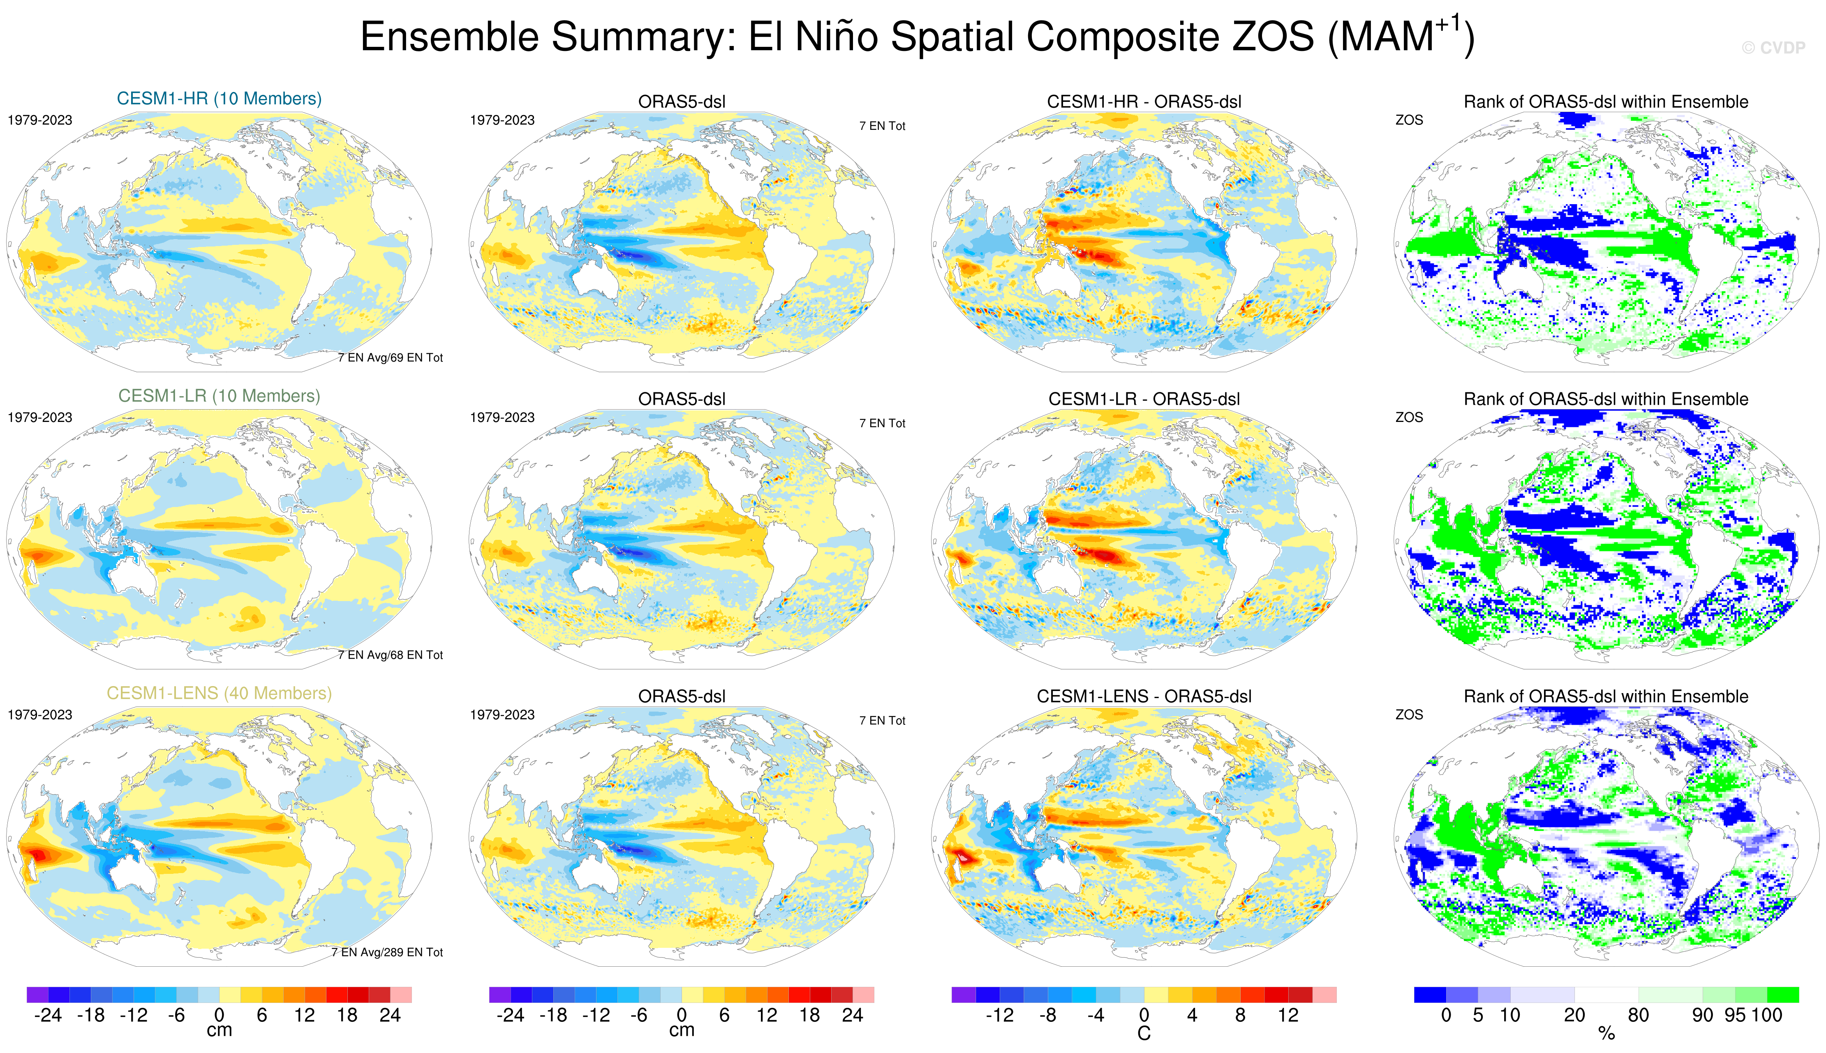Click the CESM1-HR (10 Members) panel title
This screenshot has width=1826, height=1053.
[x=219, y=98]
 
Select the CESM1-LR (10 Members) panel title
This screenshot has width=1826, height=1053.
[x=219, y=396]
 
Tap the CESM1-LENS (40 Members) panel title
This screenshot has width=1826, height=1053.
[x=219, y=693]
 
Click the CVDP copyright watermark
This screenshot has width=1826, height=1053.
[x=1773, y=48]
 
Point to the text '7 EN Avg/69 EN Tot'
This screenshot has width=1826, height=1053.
[x=390, y=357]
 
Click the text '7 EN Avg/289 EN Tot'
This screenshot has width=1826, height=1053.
[x=387, y=952]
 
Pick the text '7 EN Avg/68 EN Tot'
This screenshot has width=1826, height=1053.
[x=390, y=654]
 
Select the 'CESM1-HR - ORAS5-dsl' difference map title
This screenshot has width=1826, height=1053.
[x=1144, y=102]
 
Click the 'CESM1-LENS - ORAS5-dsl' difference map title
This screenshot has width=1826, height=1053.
[x=1144, y=696]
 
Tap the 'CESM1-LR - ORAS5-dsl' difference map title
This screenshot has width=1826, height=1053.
[x=1144, y=399]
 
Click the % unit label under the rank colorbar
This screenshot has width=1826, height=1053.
[x=1606, y=1033]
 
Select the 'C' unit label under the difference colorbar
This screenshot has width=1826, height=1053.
[x=1144, y=1033]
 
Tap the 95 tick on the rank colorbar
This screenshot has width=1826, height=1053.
[x=1735, y=1015]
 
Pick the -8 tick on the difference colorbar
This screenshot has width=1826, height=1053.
[x=1047, y=1015]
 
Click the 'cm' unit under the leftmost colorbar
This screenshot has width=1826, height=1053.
[x=219, y=1030]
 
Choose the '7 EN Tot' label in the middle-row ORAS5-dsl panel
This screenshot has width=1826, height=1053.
[x=882, y=423]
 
